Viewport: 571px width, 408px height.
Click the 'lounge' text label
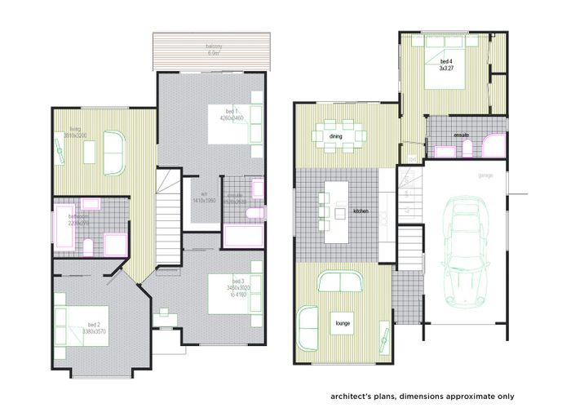(x=342, y=323)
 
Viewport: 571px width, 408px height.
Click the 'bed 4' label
(x=445, y=62)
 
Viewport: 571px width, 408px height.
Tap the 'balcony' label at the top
(x=215, y=47)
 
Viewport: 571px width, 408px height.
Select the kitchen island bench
(x=335, y=212)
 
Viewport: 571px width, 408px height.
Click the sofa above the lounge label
(x=340, y=282)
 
